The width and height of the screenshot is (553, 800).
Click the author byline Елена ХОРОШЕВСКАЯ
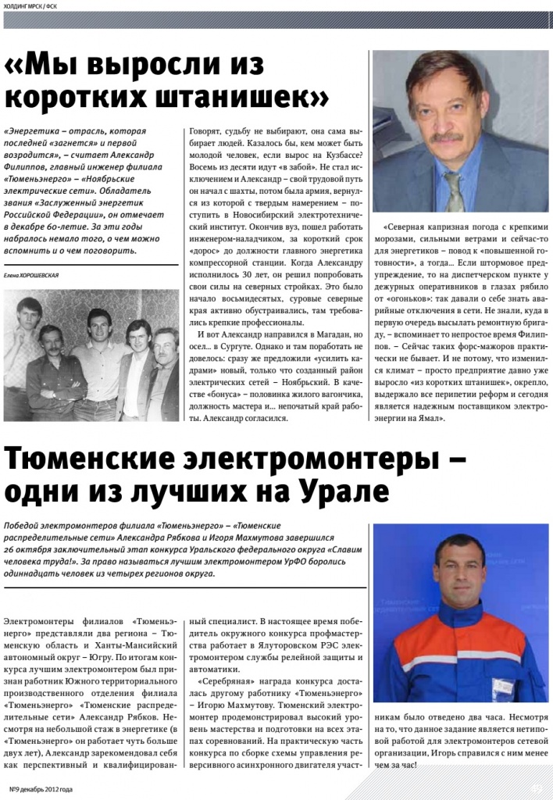[x=30, y=276]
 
